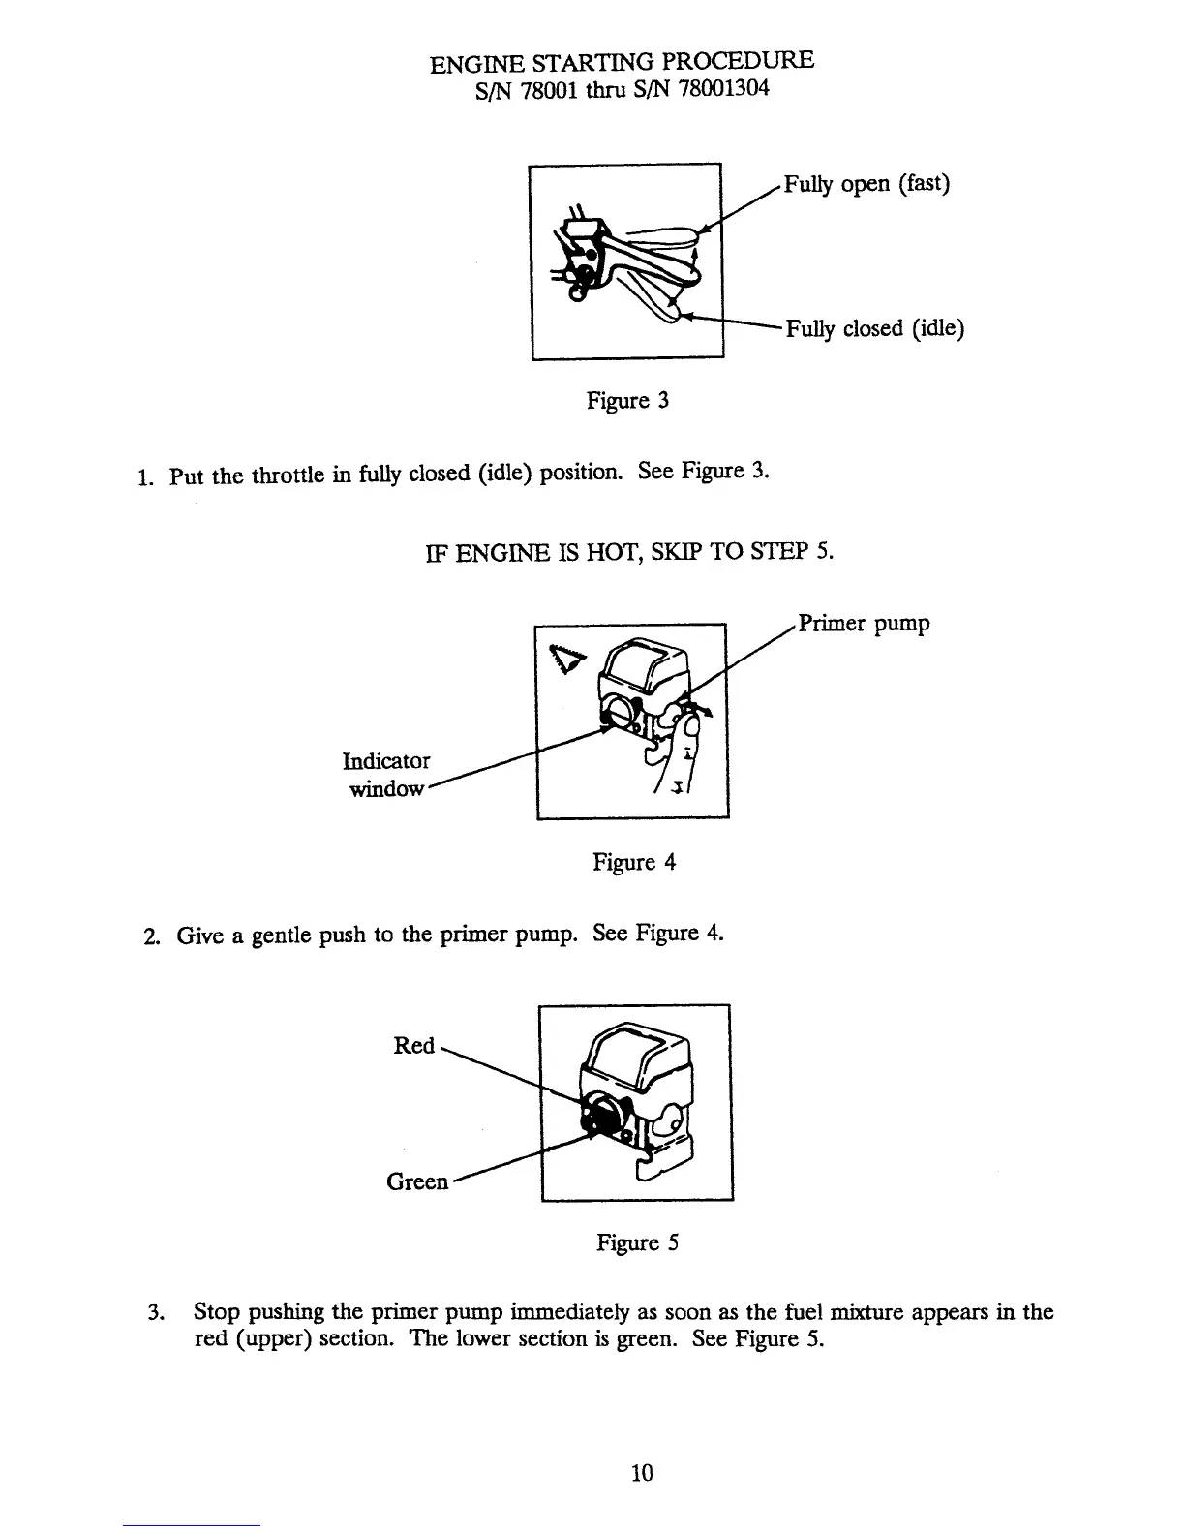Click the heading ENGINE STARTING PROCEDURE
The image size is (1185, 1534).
click(622, 62)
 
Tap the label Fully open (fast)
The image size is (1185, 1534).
click(866, 183)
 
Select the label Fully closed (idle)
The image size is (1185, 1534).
click(875, 329)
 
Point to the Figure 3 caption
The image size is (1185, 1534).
click(628, 400)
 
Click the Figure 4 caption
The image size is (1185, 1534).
click(634, 861)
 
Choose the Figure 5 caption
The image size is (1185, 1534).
click(637, 1243)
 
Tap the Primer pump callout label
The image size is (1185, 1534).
click(864, 623)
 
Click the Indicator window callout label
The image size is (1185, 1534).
click(388, 774)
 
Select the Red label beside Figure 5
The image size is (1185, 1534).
click(413, 1046)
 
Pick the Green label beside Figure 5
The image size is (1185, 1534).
click(417, 1181)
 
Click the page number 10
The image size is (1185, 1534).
click(642, 1473)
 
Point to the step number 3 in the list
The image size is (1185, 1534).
click(153, 1313)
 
